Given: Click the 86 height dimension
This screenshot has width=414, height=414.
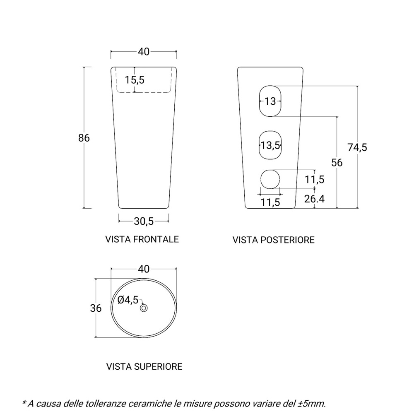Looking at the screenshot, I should [x=84, y=138].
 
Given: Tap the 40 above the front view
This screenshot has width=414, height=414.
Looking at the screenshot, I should [x=143, y=52].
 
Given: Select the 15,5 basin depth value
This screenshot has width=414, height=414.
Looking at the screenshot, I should [x=135, y=80].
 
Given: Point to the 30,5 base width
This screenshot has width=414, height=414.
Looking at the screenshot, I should [x=144, y=221].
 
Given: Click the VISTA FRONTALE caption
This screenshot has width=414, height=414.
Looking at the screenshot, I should [x=142, y=239].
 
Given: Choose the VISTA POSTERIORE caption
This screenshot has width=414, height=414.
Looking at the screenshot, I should [x=273, y=240].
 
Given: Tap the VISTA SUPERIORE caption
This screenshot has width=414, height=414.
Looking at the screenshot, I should [x=144, y=366].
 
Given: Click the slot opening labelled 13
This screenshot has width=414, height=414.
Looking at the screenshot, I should [x=270, y=101].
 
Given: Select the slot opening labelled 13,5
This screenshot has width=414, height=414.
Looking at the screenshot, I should [x=270, y=145].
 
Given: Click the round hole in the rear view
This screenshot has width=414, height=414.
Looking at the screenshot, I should [x=270, y=179].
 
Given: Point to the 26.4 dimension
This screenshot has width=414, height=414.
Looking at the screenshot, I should [x=314, y=199].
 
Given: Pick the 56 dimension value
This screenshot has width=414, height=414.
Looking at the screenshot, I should [x=337, y=163].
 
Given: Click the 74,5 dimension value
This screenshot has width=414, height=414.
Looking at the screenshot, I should [x=357, y=147].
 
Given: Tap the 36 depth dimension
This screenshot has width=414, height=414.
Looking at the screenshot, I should [x=96, y=308].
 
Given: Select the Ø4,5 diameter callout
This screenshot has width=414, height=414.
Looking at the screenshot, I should [x=128, y=300].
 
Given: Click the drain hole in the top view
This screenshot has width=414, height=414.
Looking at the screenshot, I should [x=144, y=308].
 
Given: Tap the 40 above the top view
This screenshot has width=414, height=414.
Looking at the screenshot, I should [x=143, y=269].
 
